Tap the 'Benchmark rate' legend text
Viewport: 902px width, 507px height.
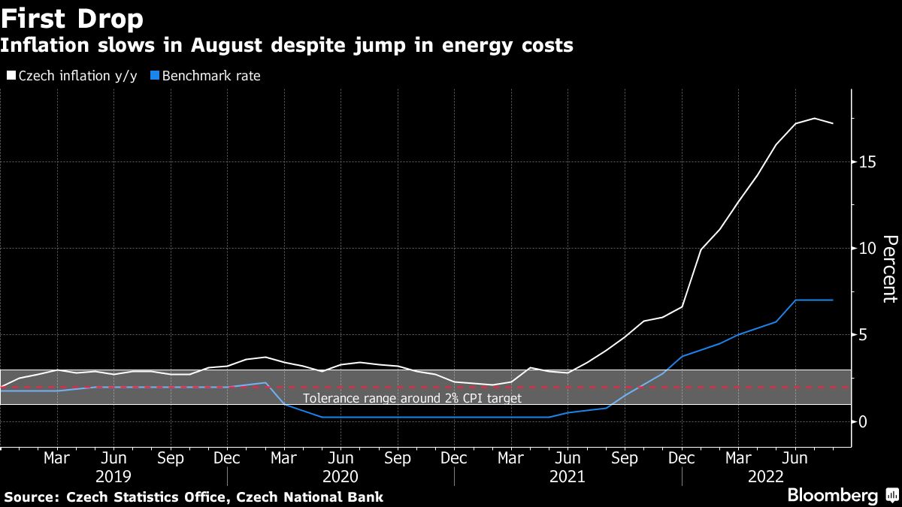211,76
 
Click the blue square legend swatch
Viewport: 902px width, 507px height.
155,76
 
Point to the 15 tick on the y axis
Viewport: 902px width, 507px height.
868,162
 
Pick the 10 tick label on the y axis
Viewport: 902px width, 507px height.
868,249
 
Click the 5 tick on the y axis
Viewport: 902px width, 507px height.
864,335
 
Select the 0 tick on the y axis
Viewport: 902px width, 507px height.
864,421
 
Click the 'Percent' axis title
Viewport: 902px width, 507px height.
889,268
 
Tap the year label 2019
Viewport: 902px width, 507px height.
114,476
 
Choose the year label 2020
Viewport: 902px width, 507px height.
341,476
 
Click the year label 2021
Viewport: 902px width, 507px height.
568,476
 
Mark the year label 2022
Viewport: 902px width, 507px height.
767,476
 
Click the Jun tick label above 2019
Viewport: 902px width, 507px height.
114,458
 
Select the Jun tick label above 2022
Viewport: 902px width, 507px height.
795,458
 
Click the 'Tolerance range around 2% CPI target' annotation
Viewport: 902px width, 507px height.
412,398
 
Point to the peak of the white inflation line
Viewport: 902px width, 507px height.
814,118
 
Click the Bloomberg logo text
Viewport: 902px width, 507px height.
832,495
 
